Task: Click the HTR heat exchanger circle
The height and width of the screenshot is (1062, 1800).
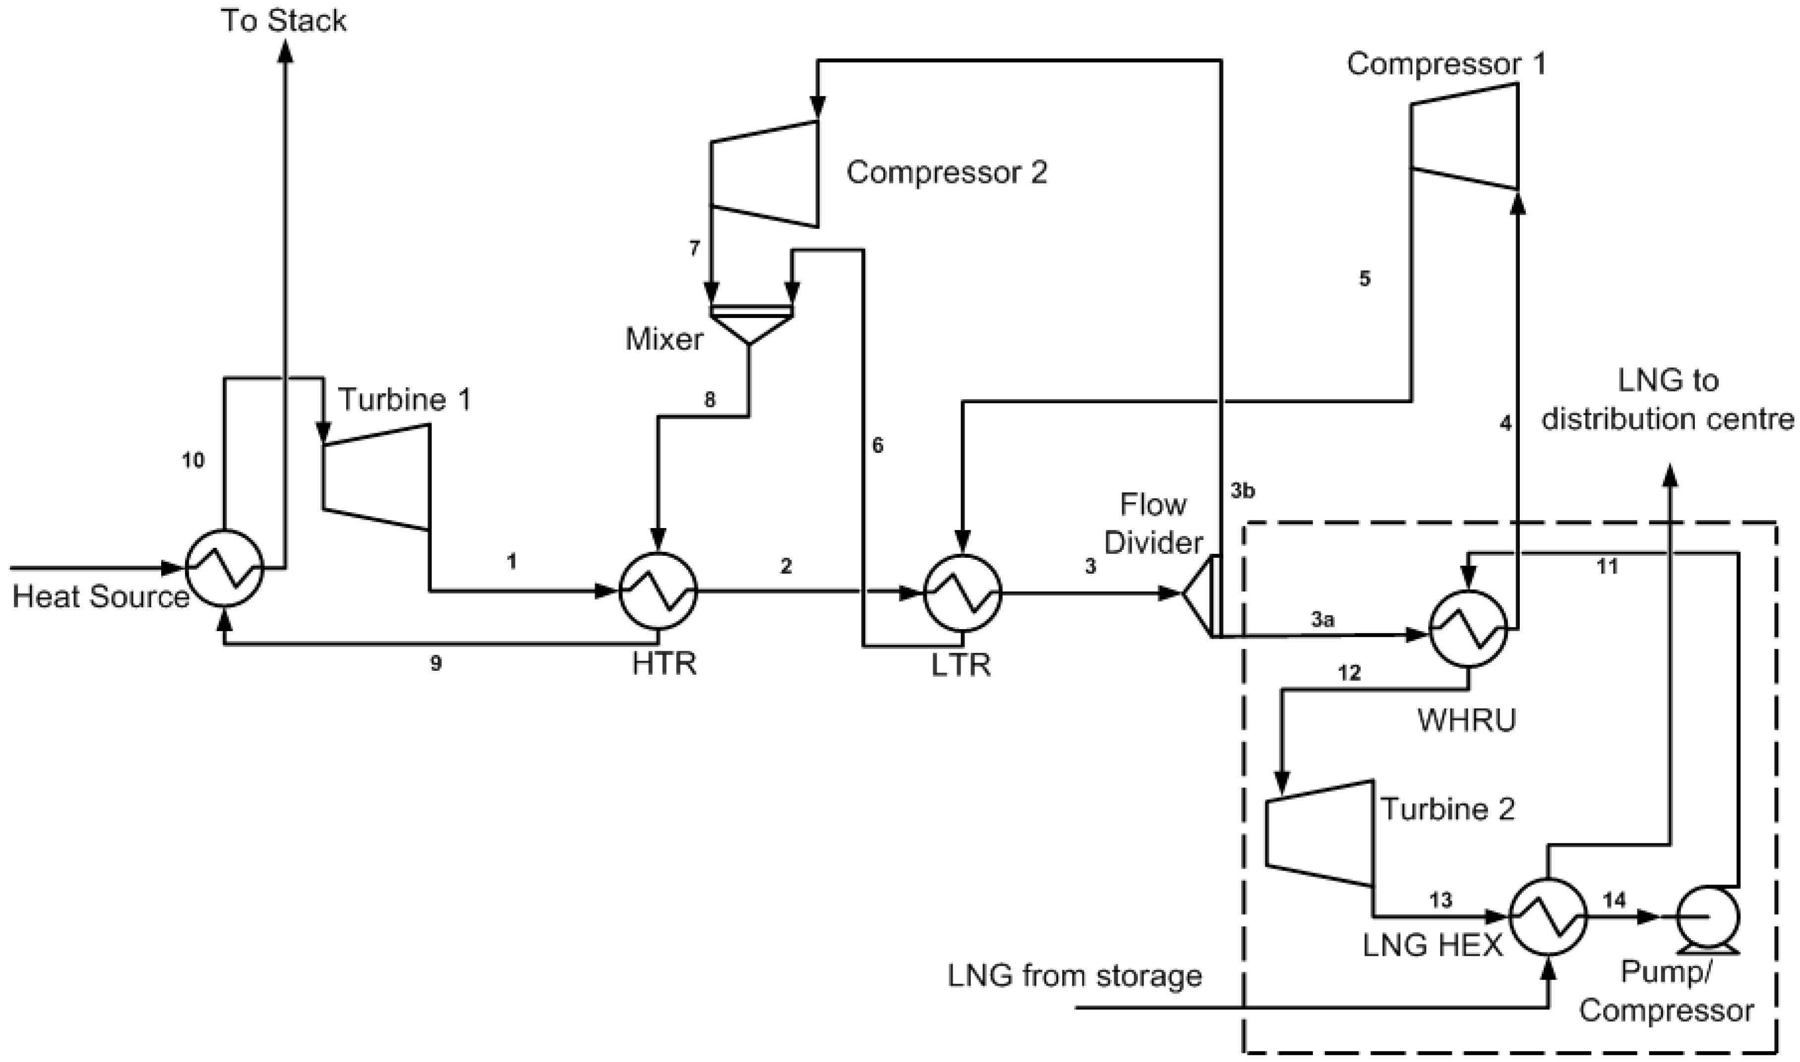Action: [x=658, y=591]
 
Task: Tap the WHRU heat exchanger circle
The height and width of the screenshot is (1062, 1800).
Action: [x=1468, y=630]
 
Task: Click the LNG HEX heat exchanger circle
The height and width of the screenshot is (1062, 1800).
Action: [x=1548, y=917]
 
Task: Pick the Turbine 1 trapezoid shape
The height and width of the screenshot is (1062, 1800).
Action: [x=376, y=477]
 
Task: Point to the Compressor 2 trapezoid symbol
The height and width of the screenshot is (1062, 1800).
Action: [x=764, y=174]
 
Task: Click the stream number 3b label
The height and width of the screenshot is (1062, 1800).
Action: [x=1243, y=491]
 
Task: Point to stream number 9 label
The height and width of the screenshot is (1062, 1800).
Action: [x=435, y=663]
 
